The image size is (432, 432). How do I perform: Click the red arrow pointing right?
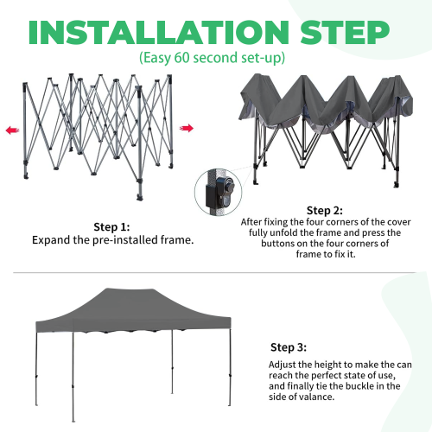pyautogui.click(x=187, y=128)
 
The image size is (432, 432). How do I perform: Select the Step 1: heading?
pyautogui.click(x=112, y=226)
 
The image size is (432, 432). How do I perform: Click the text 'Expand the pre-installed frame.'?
pyautogui.click(x=112, y=239)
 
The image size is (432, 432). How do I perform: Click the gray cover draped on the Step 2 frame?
pyautogui.click(x=320, y=104)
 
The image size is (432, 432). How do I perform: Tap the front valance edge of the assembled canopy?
pyautogui.click(x=104, y=329)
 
